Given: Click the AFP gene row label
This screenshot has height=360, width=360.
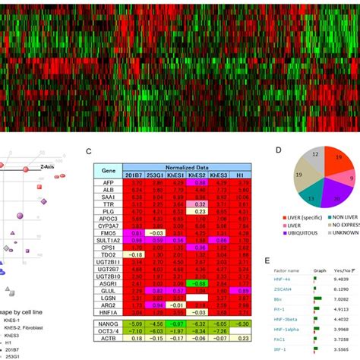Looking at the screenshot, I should [107, 183].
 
